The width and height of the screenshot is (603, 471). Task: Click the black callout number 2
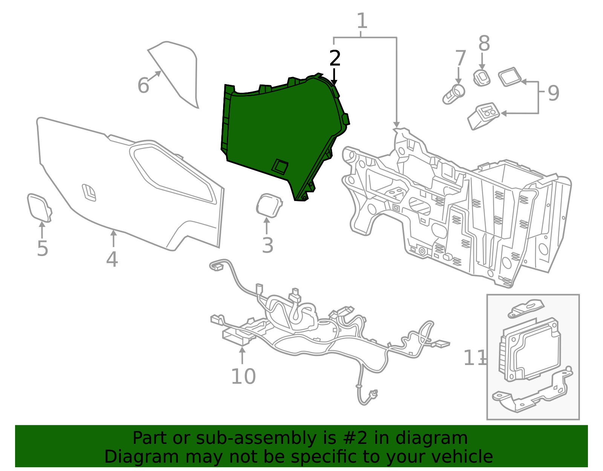pos(335,58)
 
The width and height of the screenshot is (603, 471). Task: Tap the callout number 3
pos(267,245)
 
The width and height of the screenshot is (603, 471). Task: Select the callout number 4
pos(112,259)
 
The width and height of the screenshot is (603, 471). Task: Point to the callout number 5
pos(43,249)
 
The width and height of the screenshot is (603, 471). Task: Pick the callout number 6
pos(143,86)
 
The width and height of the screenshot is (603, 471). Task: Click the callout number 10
pos(243,376)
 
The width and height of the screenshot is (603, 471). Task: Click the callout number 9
pos(553,93)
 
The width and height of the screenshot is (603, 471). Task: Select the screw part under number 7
pos(453,94)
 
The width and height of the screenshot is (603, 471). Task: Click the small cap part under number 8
pos(482,78)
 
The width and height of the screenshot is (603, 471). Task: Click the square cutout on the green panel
pos(280,166)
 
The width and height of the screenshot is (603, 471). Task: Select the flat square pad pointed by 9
pos(510,77)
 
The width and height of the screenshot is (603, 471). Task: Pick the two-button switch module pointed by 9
pos(484,116)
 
